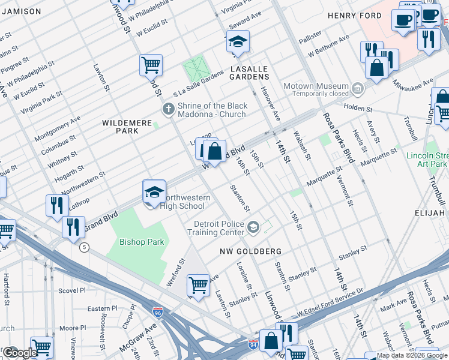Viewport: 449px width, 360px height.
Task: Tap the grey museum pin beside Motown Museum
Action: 358,89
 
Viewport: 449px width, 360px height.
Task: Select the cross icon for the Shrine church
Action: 169,110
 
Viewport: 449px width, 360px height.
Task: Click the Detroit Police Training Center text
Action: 218,228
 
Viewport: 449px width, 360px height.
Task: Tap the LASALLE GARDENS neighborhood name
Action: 249,70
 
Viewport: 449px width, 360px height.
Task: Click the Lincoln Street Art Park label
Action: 427,160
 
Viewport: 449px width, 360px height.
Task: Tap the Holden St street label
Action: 358,110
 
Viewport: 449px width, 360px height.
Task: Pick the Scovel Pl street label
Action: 72,290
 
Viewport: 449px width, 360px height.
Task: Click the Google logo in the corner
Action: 19,353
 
